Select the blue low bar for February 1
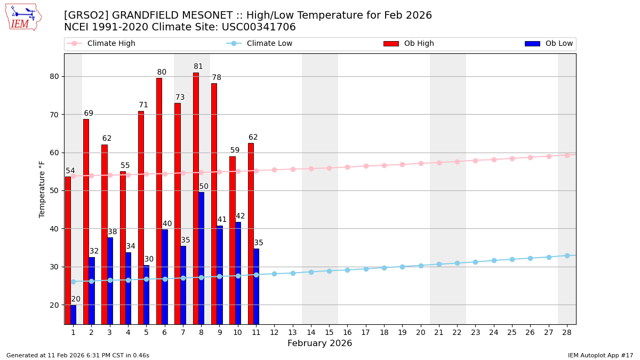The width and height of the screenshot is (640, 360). pos(73,315)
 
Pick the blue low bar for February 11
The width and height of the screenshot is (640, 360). pos(257,286)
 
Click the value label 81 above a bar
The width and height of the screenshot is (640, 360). pos(198,67)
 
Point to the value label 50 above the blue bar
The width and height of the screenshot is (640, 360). pos(204,187)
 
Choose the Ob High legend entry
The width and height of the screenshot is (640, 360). pos(409,44)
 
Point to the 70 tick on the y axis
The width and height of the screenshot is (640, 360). pos(54,115)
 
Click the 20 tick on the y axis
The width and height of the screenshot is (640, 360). pos(54,305)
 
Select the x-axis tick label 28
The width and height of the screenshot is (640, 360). pos(567,332)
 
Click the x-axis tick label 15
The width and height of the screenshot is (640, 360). pos(329,332)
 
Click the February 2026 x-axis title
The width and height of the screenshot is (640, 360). pos(319,343)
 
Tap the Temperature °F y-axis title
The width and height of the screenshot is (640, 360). pos(42,189)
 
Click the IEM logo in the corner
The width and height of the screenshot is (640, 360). pos(23,17)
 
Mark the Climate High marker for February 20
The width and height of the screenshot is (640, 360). pos(421,163)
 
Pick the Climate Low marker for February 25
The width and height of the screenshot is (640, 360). pos(512,259)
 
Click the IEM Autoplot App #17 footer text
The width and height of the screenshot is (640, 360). pos(601,355)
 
